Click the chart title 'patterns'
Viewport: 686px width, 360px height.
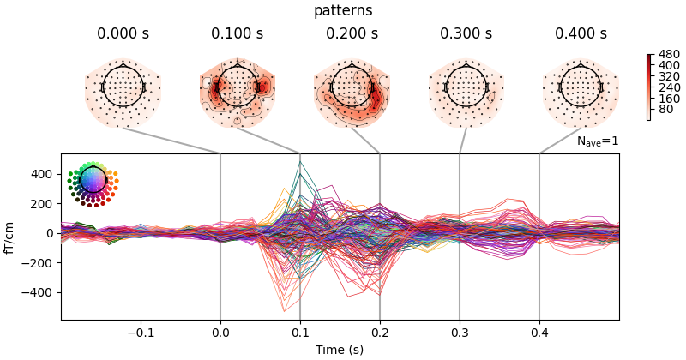click(343, 11)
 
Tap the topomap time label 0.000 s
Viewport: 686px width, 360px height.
click(123, 34)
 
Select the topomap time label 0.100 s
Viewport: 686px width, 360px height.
click(238, 34)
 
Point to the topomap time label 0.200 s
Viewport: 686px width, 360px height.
click(352, 34)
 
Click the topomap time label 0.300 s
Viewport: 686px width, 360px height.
click(466, 34)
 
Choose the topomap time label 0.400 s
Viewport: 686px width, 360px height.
click(581, 34)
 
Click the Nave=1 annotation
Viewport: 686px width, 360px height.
click(597, 141)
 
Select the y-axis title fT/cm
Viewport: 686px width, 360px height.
click(11, 237)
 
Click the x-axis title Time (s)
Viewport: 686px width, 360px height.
click(340, 349)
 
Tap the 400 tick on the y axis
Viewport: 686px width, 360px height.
click(43, 174)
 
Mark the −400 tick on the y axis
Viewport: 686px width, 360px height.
click(39, 292)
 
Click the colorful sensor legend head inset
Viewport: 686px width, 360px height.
click(92, 181)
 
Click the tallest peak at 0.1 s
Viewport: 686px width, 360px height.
click(300, 162)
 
